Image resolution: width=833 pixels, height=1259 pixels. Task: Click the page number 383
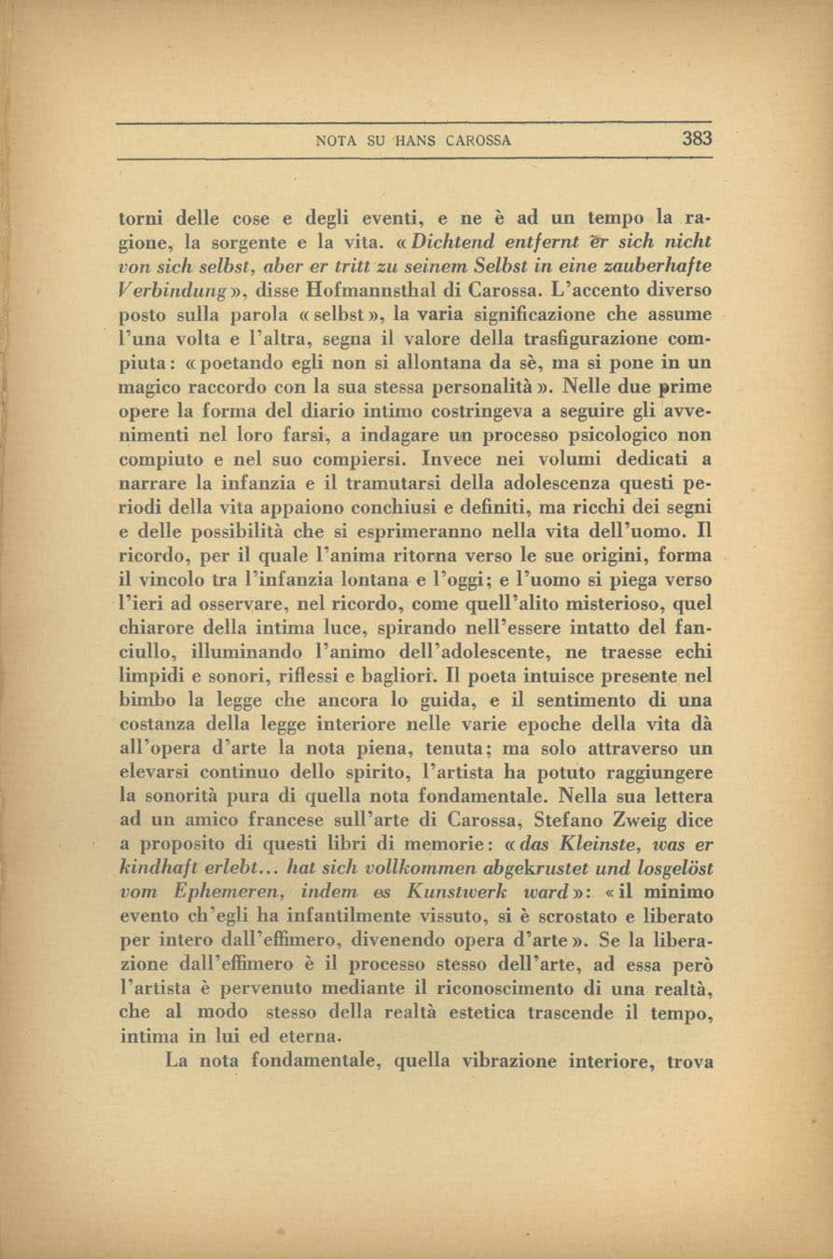tap(697, 140)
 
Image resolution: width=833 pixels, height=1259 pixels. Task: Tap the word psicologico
tap(620, 435)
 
